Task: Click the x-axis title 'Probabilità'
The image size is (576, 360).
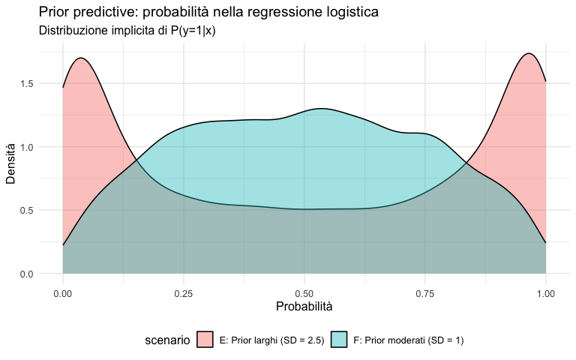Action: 304,307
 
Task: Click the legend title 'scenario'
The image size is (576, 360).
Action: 167,340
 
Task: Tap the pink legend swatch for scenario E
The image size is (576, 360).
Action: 205,340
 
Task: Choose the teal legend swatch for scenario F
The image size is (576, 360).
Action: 338,340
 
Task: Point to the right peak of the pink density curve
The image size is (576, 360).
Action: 529,54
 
